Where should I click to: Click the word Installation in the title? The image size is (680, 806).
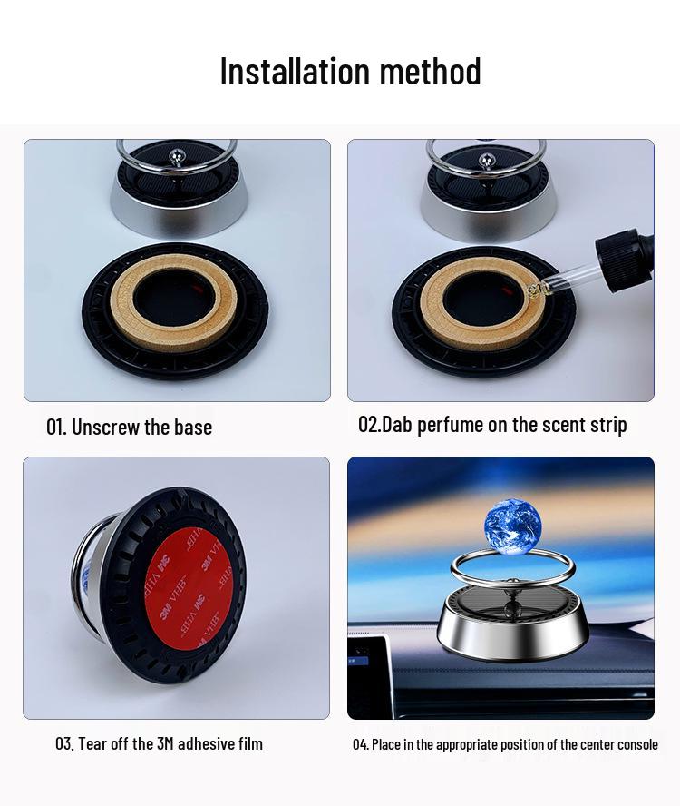[x=295, y=71]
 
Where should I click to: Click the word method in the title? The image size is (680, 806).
[x=431, y=71]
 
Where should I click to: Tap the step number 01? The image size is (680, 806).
[x=56, y=428]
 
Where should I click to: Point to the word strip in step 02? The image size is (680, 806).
[x=607, y=426]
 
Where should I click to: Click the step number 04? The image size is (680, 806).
[x=361, y=744]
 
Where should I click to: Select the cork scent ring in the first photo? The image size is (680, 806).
[x=174, y=304]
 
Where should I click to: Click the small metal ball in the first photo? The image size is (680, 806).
[x=176, y=154]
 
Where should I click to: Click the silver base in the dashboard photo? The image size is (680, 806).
[x=512, y=633]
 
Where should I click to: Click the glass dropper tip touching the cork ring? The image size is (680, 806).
[x=536, y=290]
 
